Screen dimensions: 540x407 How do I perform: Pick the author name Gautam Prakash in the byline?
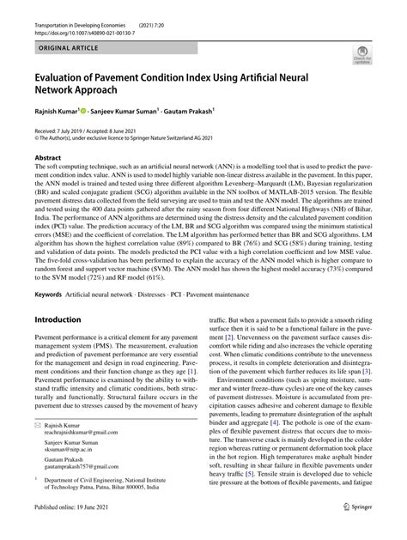point(191,112)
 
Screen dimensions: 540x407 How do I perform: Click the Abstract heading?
point(47,159)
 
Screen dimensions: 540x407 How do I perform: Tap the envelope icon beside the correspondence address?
point(37,424)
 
